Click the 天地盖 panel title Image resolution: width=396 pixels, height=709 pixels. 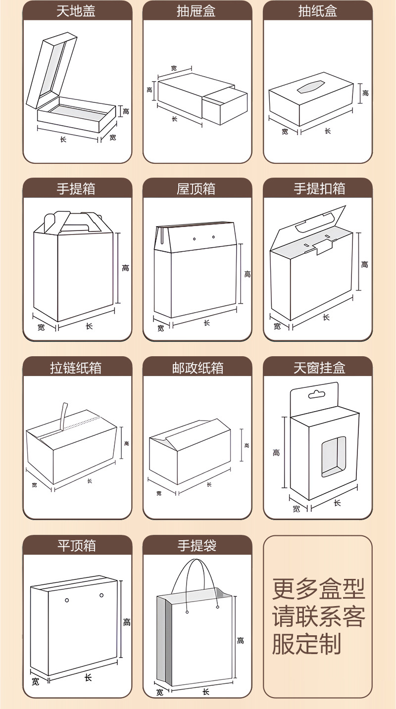pos(77,11)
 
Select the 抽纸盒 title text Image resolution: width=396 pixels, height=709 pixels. pos(317,11)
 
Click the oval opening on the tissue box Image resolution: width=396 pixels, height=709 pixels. pos(309,88)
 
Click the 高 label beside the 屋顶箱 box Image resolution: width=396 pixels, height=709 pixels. pos(247,274)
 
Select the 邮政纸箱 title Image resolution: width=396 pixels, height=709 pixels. pos(198,368)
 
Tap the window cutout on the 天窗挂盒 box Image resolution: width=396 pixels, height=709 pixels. pos(333,457)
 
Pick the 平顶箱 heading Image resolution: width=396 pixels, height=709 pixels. pos(77,546)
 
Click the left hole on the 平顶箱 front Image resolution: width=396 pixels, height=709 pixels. pos(67,601)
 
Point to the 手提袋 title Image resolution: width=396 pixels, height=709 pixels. pos(197,546)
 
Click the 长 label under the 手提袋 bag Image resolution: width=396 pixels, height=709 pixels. pos(206,691)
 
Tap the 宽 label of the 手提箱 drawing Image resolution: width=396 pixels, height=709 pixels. pos(41,328)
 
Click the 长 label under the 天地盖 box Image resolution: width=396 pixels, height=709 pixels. pos(63,140)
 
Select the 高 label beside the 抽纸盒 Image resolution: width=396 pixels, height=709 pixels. pos(365,93)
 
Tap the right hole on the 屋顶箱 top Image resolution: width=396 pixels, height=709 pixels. pos(214,237)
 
